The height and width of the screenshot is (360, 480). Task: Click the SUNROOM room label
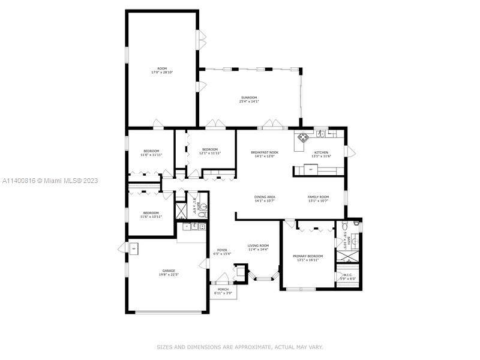249,97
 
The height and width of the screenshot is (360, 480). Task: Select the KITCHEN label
321,152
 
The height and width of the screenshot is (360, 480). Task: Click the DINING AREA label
264,197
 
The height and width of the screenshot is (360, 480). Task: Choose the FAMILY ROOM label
319,197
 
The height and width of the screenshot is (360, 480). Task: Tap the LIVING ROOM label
259,245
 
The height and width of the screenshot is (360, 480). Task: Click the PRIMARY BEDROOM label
308,256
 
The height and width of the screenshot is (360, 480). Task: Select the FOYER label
222,250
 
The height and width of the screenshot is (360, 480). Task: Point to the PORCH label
223,289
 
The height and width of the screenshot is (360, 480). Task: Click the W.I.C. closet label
348,275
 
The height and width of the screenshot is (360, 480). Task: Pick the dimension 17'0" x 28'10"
162,73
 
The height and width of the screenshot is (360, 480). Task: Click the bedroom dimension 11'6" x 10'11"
151,216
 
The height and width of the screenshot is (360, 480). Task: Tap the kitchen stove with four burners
302,136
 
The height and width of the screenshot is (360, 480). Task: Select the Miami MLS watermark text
50,181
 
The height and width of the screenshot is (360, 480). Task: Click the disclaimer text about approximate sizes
240,347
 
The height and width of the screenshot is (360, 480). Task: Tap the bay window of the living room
264,278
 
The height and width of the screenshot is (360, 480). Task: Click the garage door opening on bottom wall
169,312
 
